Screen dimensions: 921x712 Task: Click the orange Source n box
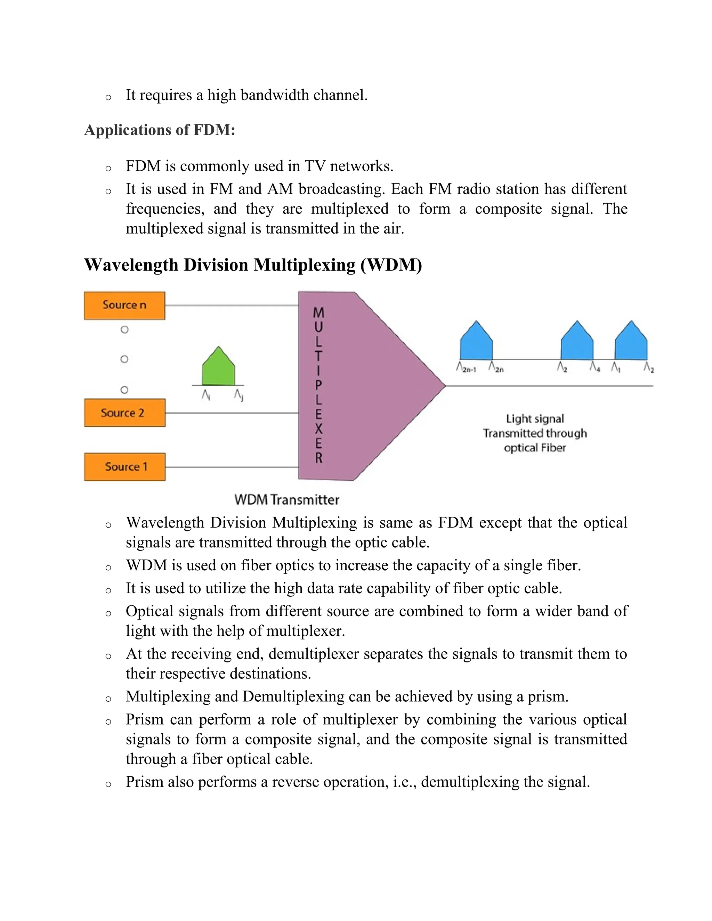124,305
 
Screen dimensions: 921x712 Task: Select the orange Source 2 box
124,413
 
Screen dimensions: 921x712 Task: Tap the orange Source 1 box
124,467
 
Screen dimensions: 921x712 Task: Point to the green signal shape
218,368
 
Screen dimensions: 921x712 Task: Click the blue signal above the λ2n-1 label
476,342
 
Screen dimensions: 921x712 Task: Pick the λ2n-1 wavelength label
466,368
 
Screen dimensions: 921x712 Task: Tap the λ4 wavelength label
595,367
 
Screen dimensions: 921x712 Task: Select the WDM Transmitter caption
287,500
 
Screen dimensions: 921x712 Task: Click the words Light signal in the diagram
535,419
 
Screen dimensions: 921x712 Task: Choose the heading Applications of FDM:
160,130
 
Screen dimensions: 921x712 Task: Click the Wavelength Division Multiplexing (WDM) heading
253,265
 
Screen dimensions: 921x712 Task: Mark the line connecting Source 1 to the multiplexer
232,467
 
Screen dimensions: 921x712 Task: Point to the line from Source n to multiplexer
232,305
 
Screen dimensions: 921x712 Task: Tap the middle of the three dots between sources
124,359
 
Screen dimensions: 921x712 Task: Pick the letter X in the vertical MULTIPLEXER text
318,429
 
